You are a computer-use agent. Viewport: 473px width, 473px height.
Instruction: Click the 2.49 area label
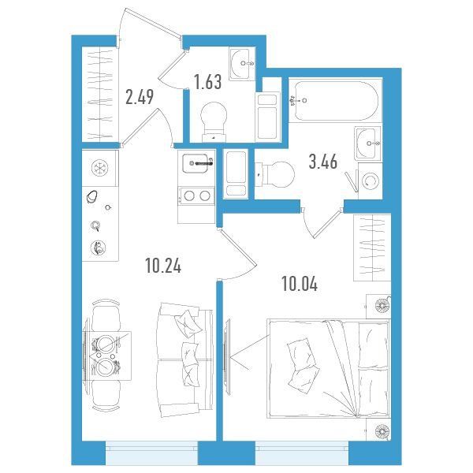(140, 97)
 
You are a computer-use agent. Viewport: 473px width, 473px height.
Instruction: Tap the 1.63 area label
(208, 82)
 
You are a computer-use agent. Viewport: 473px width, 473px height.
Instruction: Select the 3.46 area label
(322, 162)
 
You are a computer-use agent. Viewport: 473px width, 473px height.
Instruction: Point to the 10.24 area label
(163, 266)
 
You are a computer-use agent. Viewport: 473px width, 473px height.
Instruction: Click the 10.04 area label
(300, 284)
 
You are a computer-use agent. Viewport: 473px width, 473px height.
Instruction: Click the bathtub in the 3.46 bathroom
(336, 100)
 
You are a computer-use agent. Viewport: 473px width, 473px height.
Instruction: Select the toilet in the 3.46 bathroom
(274, 175)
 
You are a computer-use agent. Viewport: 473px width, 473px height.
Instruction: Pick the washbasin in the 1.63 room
(242, 64)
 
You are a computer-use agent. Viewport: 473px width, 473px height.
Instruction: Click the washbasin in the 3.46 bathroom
(368, 143)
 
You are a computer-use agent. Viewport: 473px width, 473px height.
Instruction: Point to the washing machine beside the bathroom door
(371, 181)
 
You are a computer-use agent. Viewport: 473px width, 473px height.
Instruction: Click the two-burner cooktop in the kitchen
(196, 196)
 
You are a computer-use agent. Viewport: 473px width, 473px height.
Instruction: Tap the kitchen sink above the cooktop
(196, 163)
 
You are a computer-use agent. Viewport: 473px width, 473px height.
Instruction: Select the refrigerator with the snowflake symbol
(100, 168)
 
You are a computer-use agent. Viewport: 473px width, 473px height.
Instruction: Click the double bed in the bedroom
(329, 369)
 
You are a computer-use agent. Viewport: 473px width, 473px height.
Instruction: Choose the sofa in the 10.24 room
(185, 359)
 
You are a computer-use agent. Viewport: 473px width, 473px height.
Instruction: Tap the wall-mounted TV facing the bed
(227, 357)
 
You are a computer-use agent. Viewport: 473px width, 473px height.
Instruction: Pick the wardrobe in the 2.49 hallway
(100, 94)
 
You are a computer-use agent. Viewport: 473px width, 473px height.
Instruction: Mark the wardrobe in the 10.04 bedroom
(372, 248)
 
